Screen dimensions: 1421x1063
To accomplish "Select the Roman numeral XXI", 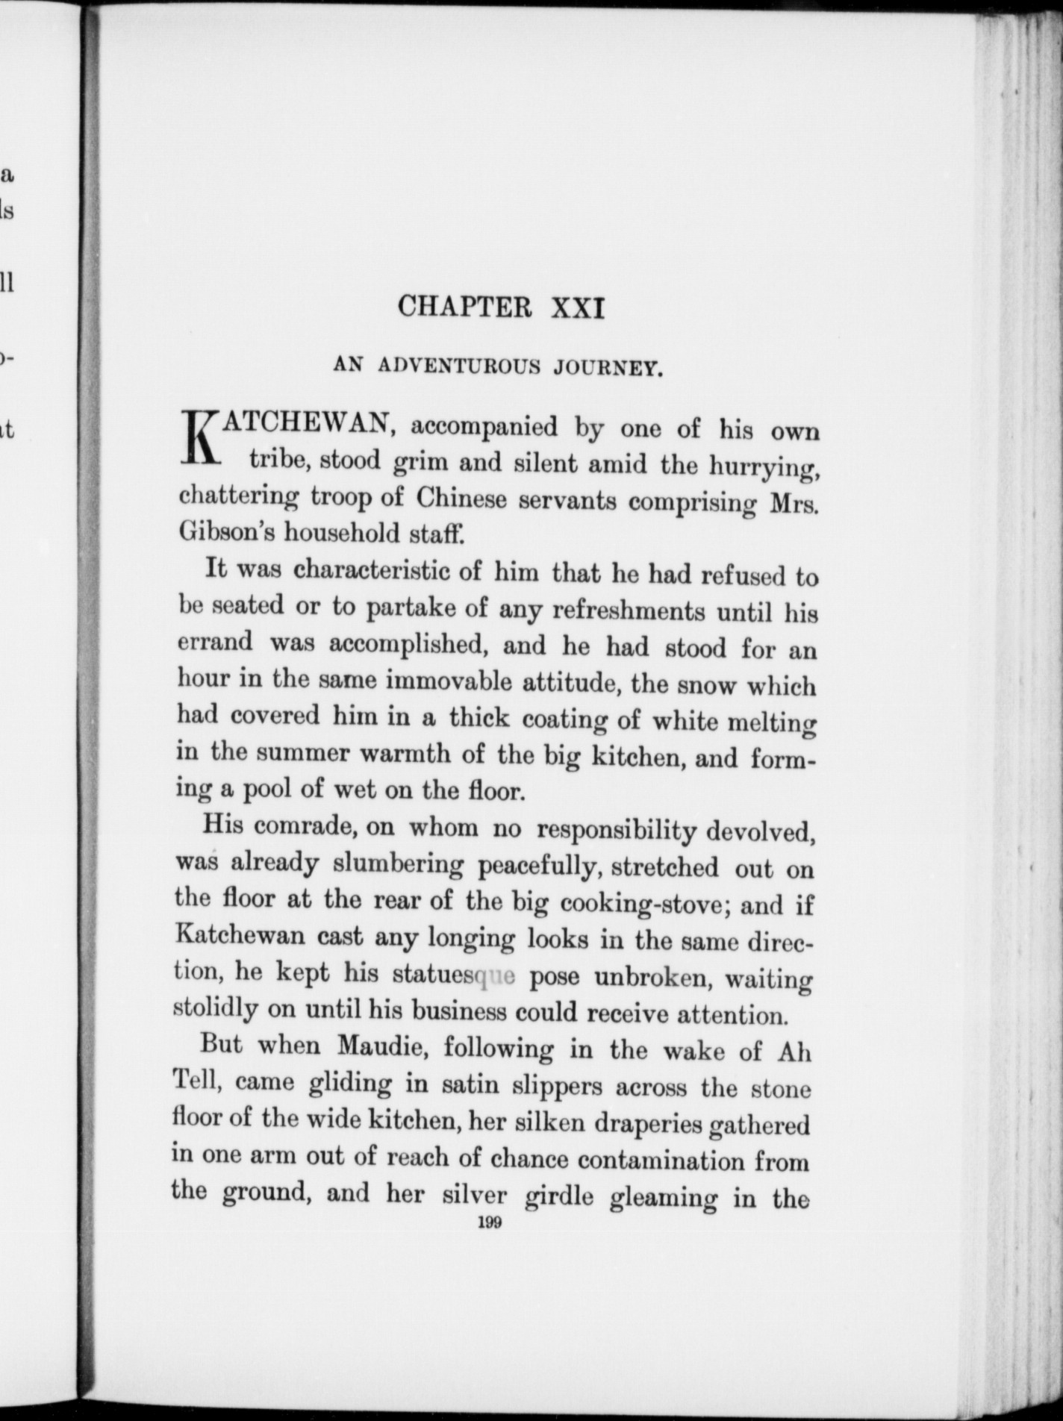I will pyautogui.click(x=576, y=308).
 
